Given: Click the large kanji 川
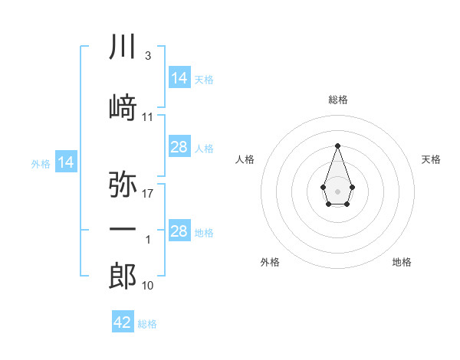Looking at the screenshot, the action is click(x=123, y=46).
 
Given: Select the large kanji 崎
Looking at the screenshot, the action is click(x=123, y=107).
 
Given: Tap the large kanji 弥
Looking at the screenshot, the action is click(x=123, y=184).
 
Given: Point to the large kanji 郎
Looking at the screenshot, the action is click(x=123, y=276).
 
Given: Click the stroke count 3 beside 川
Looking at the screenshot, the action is click(x=148, y=56).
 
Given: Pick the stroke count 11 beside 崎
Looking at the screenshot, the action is click(x=147, y=117).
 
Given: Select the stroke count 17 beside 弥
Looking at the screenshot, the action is click(x=147, y=194).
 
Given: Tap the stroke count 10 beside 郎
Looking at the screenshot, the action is click(x=147, y=286).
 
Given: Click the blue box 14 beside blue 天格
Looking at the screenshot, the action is click(x=180, y=77).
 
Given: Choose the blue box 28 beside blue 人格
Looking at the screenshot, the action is click(x=180, y=146).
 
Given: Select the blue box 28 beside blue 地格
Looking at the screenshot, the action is click(x=180, y=230).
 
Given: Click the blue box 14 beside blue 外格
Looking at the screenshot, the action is click(x=66, y=162).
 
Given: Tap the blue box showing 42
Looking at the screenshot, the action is click(x=123, y=321).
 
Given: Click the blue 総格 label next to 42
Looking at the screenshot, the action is click(x=147, y=324).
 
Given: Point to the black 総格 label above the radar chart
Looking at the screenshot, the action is click(x=338, y=100).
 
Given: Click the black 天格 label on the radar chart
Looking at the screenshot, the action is click(x=431, y=159).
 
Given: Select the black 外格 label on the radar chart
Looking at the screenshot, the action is click(x=270, y=262).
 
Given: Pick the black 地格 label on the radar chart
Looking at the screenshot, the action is click(x=402, y=262).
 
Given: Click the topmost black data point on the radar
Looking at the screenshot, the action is click(x=337, y=146).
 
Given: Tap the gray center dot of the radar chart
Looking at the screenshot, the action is click(x=337, y=191).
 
